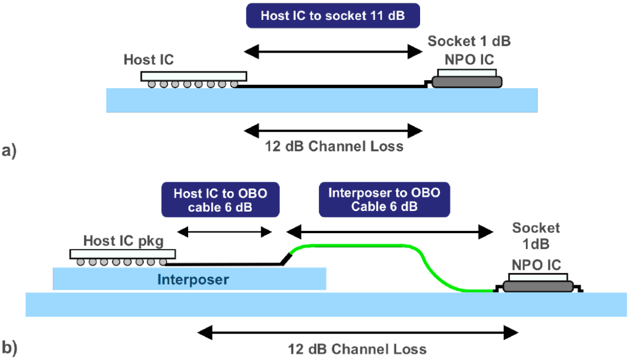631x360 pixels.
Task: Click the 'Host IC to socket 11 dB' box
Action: tap(333, 16)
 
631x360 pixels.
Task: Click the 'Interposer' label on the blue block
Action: tap(193, 280)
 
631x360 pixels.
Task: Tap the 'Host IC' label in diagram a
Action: tap(149, 60)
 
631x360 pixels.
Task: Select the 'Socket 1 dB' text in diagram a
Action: tap(470, 42)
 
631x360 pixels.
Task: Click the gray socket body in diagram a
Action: tap(467, 82)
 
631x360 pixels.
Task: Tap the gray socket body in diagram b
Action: tap(538, 287)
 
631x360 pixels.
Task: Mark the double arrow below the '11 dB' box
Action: tap(334, 51)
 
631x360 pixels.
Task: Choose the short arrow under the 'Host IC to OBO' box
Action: tap(224, 231)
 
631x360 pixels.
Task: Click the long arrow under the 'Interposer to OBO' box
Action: tap(387, 231)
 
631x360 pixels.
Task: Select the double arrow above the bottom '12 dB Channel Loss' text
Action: tap(358, 333)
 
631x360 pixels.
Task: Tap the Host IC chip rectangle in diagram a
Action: tap(193, 76)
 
